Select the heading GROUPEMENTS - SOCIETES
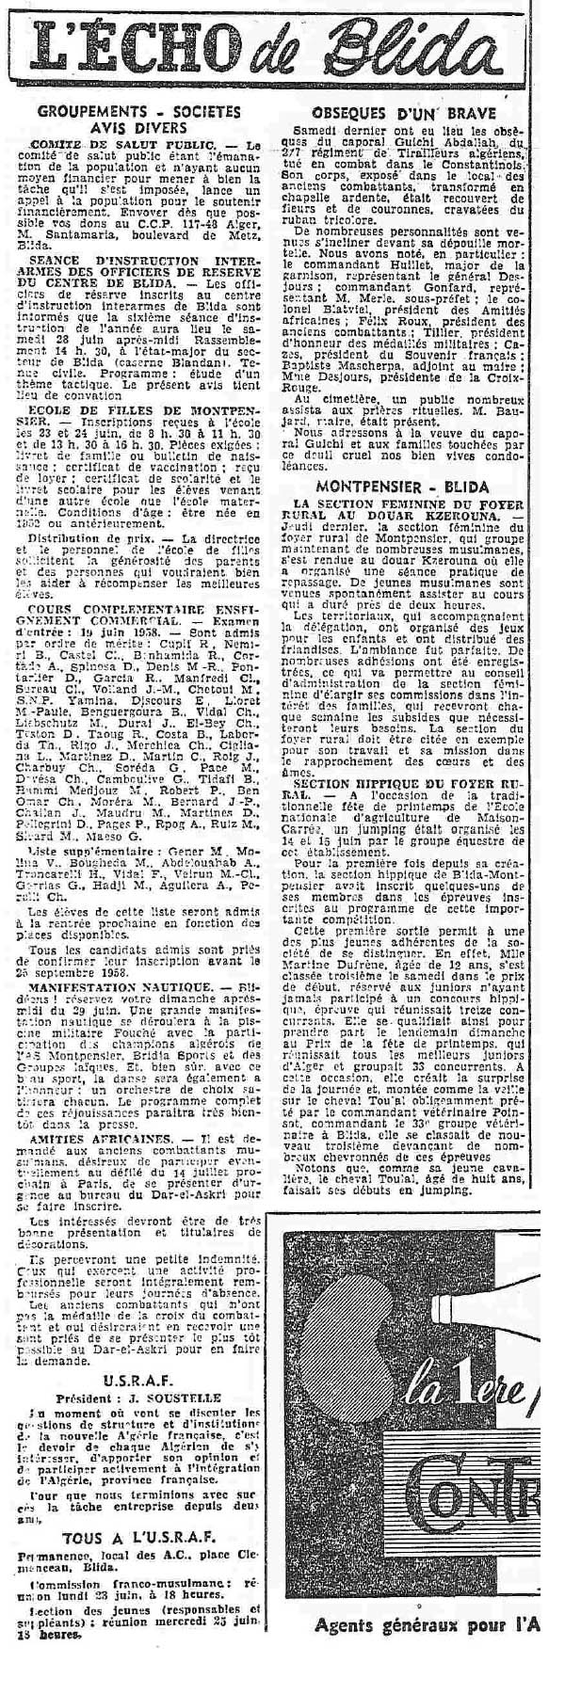[139, 112]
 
